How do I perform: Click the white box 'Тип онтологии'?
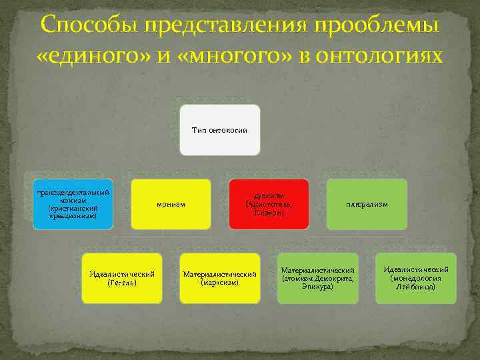pyautogui.click(x=219, y=129)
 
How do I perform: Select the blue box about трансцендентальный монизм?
pyautogui.click(x=73, y=204)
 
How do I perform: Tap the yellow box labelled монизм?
pyautogui.click(x=171, y=204)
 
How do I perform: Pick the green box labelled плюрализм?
pyautogui.click(x=367, y=204)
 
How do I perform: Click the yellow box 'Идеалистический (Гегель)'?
pyautogui.click(x=121, y=278)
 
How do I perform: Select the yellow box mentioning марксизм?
pyautogui.click(x=219, y=278)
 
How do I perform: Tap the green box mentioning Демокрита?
pyautogui.click(x=317, y=278)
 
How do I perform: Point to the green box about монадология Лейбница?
pyautogui.click(x=416, y=278)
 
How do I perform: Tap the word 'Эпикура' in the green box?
pyautogui.click(x=318, y=287)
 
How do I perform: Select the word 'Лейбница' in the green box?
pyautogui.click(x=416, y=287)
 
